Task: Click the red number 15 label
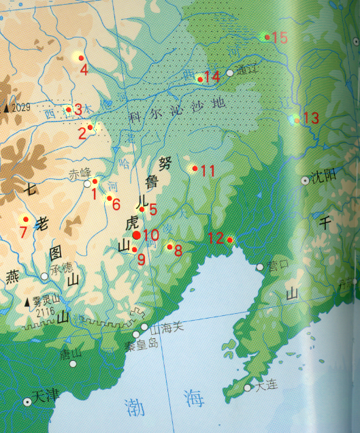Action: (x=280, y=37)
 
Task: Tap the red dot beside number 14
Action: (x=200, y=79)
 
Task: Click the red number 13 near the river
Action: (x=310, y=118)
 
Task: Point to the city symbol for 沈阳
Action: (x=304, y=180)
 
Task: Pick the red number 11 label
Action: (x=208, y=171)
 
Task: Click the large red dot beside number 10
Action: (x=137, y=235)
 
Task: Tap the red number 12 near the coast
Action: (x=216, y=238)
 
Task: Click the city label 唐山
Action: (x=70, y=353)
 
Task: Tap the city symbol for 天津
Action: (x=28, y=402)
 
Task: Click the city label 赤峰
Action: (x=79, y=173)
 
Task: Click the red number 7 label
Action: (x=23, y=231)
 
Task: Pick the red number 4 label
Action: (x=83, y=69)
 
